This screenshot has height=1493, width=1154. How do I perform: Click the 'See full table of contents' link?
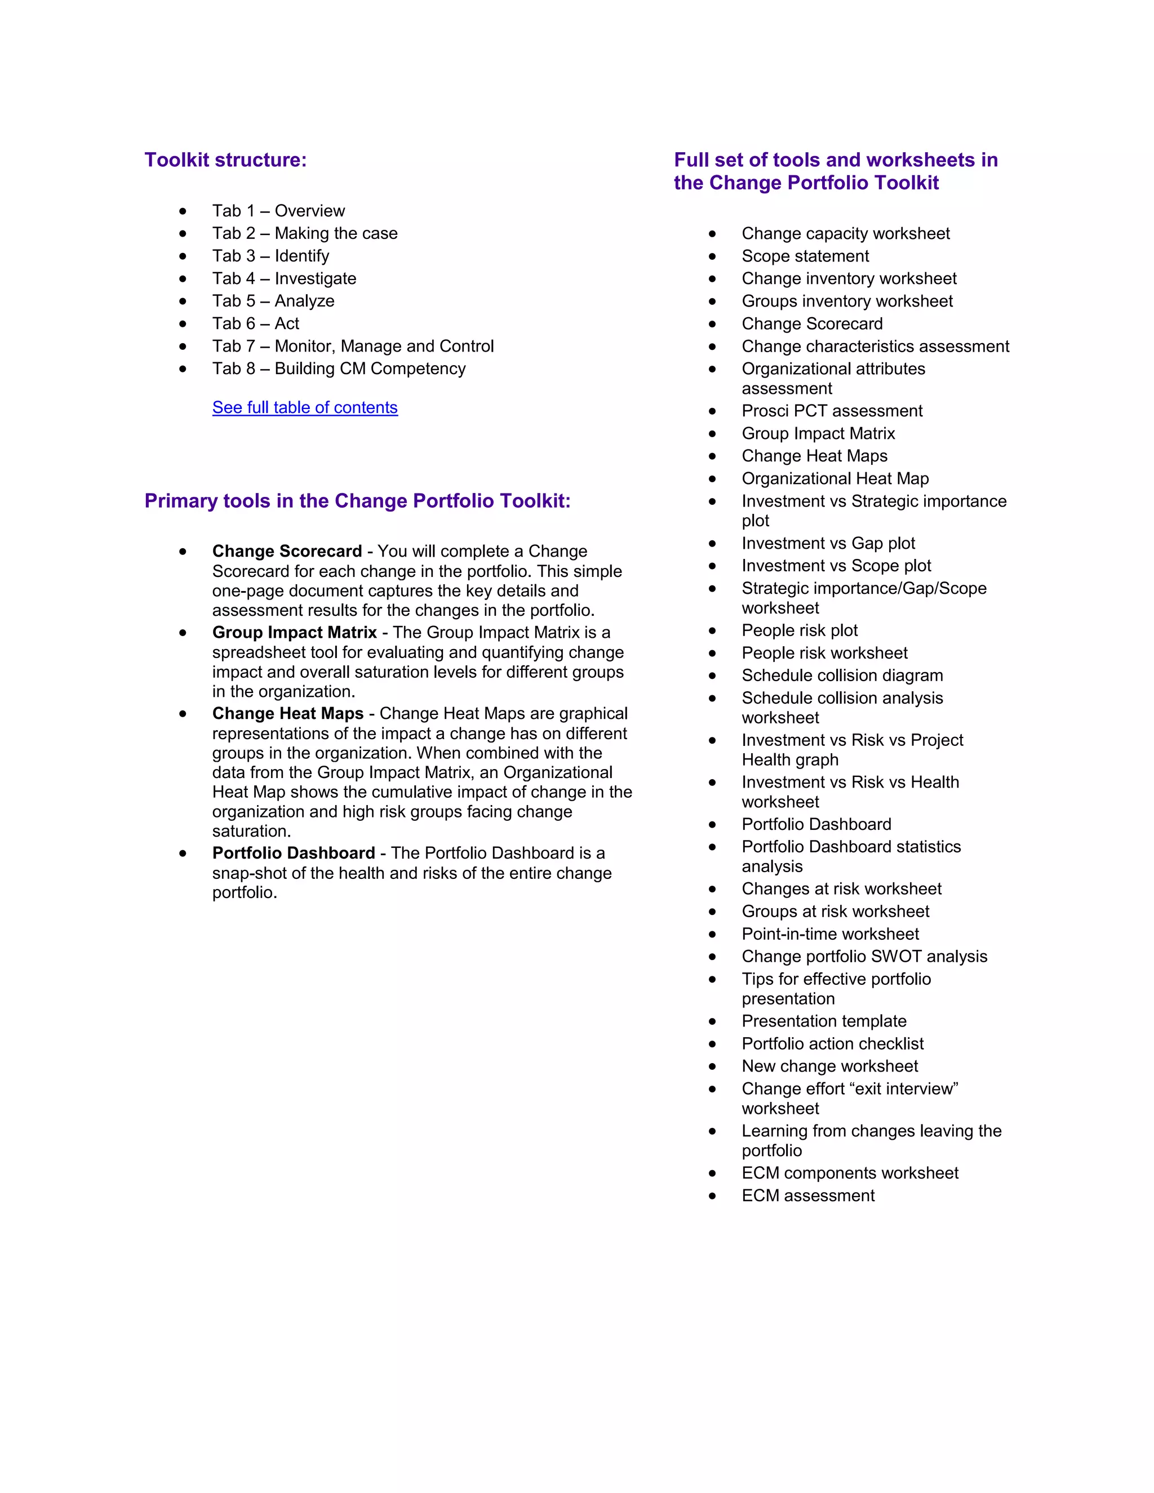tap(304, 407)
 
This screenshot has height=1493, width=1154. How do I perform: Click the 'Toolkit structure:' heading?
tap(225, 160)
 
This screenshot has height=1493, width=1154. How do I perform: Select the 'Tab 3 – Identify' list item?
tap(270, 256)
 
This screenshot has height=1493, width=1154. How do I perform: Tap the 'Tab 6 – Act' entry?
tap(255, 323)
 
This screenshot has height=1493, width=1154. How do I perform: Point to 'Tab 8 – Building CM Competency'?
tap(339, 368)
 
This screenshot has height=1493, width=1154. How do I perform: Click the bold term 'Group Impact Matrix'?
tap(295, 632)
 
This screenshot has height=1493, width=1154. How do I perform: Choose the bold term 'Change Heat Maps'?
tap(288, 714)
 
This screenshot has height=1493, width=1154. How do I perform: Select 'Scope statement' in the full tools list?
tap(805, 256)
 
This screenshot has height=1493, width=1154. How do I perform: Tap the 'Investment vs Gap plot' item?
tap(828, 544)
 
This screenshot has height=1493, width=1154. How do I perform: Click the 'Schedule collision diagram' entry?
tap(842, 676)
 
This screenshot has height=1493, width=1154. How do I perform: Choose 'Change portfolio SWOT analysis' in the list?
tap(864, 957)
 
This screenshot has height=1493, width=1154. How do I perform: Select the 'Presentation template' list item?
tap(824, 1021)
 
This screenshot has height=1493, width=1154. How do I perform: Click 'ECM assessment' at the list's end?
tap(807, 1196)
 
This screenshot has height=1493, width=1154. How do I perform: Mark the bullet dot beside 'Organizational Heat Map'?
tap(712, 479)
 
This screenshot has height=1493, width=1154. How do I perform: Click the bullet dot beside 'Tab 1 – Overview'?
tap(183, 211)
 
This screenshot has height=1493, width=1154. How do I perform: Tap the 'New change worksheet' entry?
tap(829, 1067)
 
